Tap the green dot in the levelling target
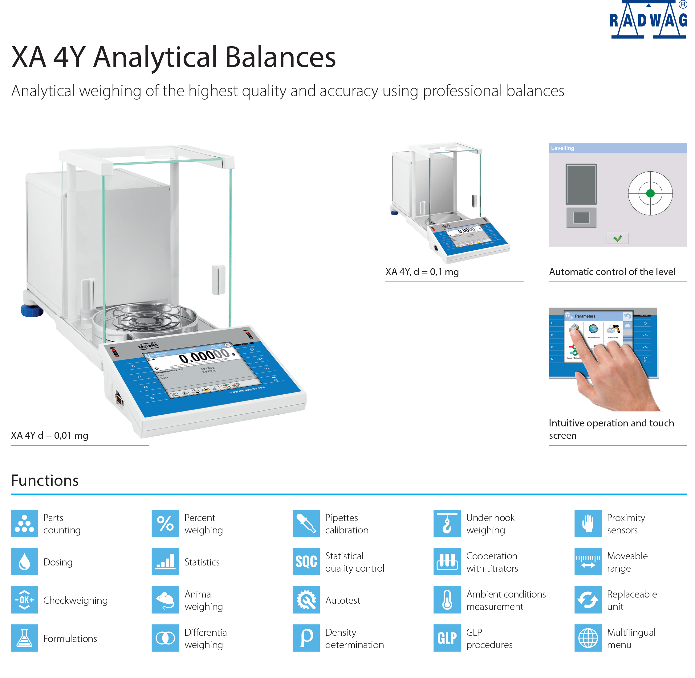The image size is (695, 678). (x=650, y=193)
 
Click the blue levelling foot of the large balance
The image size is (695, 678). (x=31, y=310)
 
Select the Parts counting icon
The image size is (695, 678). (x=24, y=524)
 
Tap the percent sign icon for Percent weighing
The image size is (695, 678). (x=165, y=524)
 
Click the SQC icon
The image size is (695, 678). (x=306, y=561)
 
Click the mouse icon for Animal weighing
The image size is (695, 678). (x=165, y=600)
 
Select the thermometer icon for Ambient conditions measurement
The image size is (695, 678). (x=447, y=600)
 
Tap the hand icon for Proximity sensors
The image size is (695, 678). (x=588, y=524)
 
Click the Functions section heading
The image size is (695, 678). (x=45, y=480)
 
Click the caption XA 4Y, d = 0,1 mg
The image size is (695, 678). (x=422, y=272)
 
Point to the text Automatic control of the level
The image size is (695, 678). (x=612, y=272)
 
